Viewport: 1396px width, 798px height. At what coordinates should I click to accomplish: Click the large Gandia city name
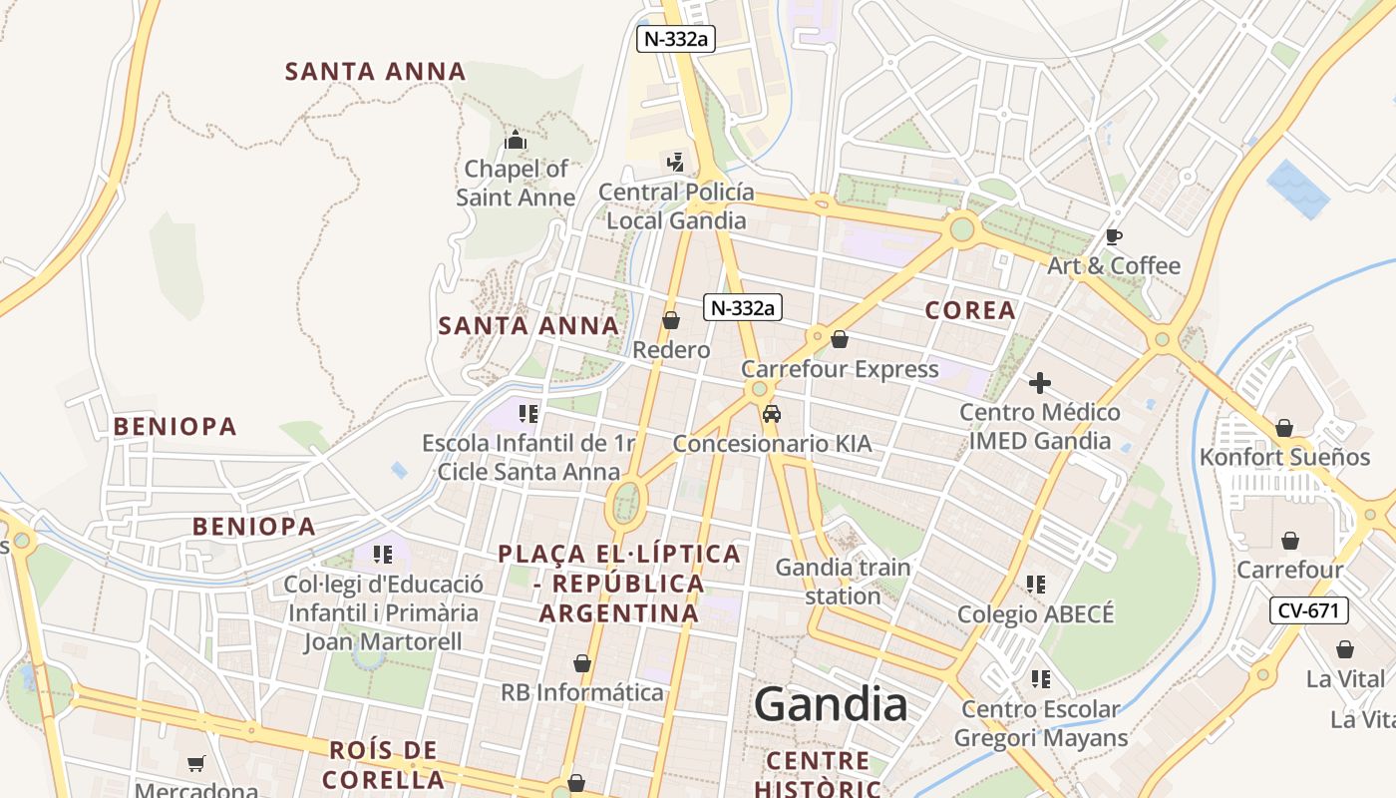(x=831, y=704)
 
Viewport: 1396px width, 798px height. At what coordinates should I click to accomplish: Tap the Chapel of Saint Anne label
(x=516, y=183)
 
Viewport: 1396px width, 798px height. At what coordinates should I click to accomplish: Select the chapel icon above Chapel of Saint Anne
(x=516, y=141)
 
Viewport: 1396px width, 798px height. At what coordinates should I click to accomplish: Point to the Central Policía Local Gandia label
(x=676, y=205)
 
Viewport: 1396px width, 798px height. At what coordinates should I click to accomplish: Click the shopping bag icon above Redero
(x=671, y=320)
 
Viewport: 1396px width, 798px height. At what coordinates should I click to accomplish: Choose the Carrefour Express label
(x=840, y=369)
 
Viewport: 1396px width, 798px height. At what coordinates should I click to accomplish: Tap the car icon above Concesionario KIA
(x=771, y=414)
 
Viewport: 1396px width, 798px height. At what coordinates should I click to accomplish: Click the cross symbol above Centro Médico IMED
(x=1040, y=383)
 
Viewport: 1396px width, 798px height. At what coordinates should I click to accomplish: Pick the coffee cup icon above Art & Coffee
(x=1114, y=236)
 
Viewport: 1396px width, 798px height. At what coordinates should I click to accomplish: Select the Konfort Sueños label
(x=1284, y=457)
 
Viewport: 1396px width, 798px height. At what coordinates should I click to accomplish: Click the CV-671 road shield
(x=1308, y=610)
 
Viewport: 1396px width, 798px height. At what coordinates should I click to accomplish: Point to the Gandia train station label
(x=843, y=582)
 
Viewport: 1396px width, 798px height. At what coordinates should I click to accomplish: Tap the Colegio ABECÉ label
(x=1035, y=613)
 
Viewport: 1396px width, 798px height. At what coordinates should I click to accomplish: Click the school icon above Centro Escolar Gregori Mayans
(x=1040, y=679)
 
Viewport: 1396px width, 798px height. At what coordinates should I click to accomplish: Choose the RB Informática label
(x=581, y=692)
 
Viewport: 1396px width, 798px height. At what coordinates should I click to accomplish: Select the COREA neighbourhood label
(x=970, y=310)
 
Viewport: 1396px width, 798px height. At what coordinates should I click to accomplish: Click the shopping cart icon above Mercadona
(x=196, y=763)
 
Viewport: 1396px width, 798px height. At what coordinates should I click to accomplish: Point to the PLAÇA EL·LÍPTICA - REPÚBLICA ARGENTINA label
(x=619, y=584)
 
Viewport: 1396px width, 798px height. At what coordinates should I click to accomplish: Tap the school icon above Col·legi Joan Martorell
(x=383, y=554)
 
